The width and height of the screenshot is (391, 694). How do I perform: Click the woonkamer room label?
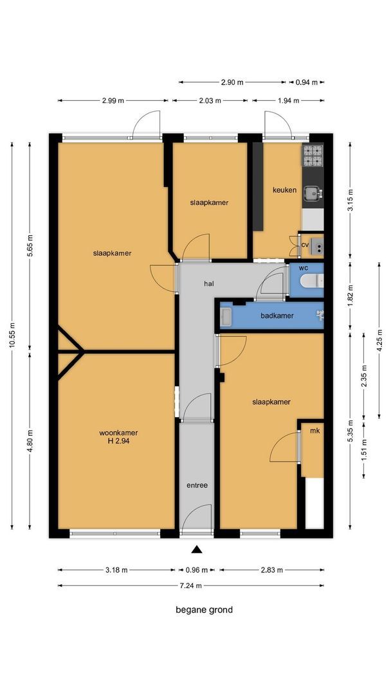click(118, 433)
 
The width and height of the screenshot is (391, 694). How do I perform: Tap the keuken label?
click(284, 190)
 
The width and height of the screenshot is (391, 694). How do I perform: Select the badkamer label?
click(277, 316)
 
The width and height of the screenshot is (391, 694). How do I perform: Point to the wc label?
click(304, 269)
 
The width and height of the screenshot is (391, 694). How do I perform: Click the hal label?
click(209, 284)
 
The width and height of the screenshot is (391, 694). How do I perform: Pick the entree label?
click(197, 485)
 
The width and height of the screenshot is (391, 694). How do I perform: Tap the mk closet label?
click(314, 431)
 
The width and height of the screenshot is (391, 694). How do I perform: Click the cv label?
click(305, 245)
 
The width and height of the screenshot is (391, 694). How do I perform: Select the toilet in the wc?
click(312, 280)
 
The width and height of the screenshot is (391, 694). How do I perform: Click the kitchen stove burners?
click(313, 156)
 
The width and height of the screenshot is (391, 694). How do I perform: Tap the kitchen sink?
click(313, 193)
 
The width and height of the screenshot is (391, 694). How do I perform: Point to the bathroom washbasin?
click(226, 316)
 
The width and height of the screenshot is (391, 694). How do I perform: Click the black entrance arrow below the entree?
click(197, 549)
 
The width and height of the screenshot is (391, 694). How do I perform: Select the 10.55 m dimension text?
click(12, 335)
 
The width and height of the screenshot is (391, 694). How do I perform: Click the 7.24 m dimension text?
click(191, 585)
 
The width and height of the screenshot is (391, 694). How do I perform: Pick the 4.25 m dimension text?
click(379, 340)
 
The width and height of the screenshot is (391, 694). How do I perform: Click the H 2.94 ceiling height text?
click(118, 441)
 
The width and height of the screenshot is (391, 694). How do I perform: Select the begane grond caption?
click(204, 610)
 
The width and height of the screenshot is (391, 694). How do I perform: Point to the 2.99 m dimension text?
click(113, 100)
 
